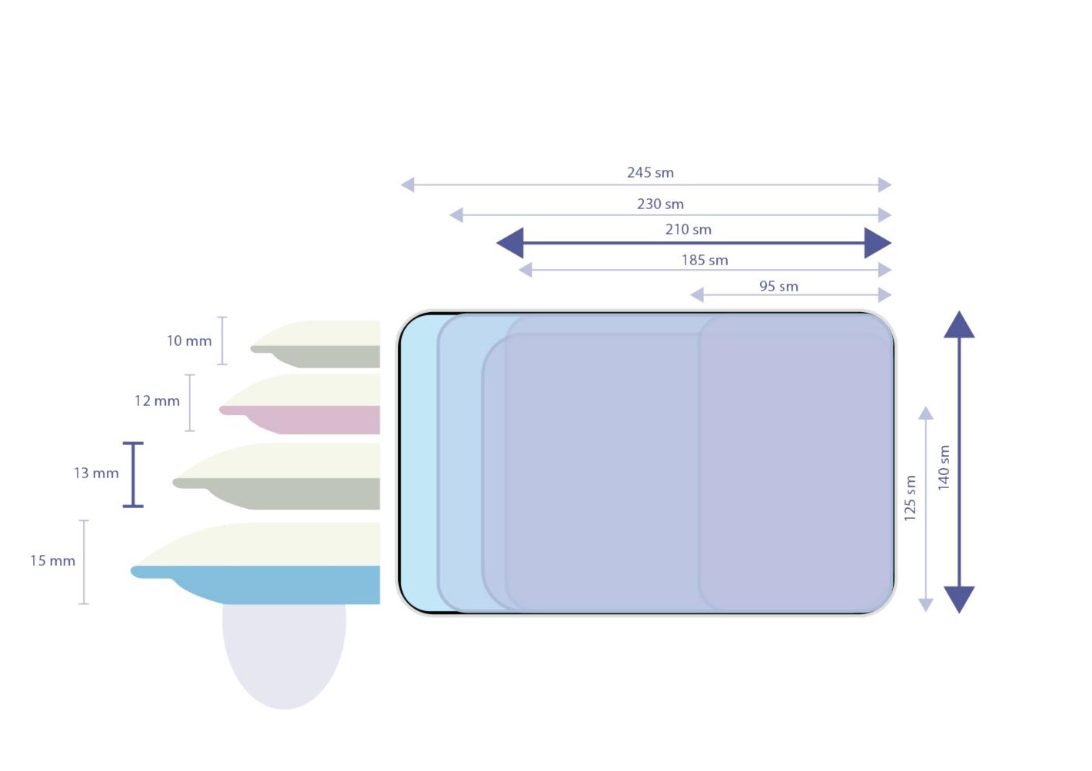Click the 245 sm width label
[x=650, y=173]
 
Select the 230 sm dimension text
[x=660, y=204]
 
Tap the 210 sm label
[x=688, y=229]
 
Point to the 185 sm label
[x=704, y=260]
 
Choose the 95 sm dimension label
[x=778, y=286]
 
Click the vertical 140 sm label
[x=944, y=467]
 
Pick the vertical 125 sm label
[x=910, y=498]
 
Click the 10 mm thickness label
[x=189, y=341]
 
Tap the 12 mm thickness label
[x=157, y=400]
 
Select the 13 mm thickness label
[x=96, y=473]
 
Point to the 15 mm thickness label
[x=52, y=560]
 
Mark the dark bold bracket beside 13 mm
[x=133, y=474]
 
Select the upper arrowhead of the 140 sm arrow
[x=958, y=325]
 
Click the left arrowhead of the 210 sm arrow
[x=511, y=243]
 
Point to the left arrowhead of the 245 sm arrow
[x=408, y=184]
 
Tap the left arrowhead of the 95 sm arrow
[x=697, y=294]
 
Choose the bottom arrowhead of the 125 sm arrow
[x=926, y=604]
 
